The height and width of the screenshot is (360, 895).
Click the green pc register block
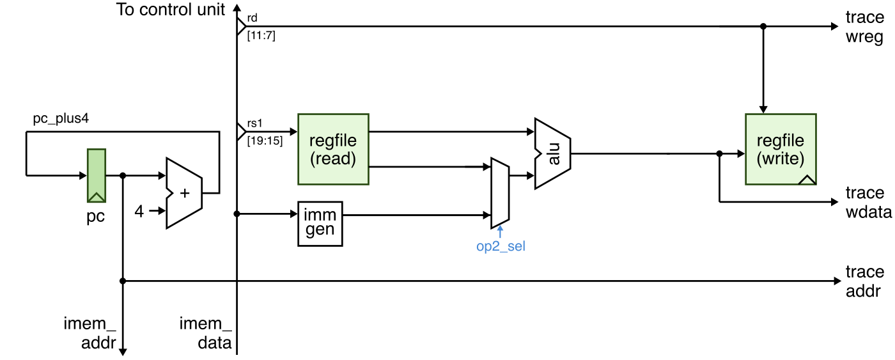tap(97, 175)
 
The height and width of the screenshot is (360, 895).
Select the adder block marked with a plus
tap(183, 193)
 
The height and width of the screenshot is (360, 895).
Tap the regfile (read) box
tap(333, 150)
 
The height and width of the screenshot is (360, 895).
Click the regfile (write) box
tap(781, 150)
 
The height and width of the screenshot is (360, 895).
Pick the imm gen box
tap(320, 223)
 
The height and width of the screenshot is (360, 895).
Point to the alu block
tap(553, 153)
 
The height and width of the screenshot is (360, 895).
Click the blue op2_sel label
tap(501, 246)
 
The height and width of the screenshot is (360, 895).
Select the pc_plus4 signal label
tap(61, 120)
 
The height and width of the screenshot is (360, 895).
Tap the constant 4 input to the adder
tap(139, 211)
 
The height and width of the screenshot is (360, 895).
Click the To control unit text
tap(171, 10)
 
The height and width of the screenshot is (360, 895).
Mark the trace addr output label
tap(864, 282)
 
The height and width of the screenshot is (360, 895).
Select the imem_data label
tap(206, 334)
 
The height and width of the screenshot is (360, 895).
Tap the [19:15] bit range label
tap(264, 141)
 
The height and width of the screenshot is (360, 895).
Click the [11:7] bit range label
tap(261, 36)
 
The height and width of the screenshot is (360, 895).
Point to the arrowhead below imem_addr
tap(123, 351)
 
